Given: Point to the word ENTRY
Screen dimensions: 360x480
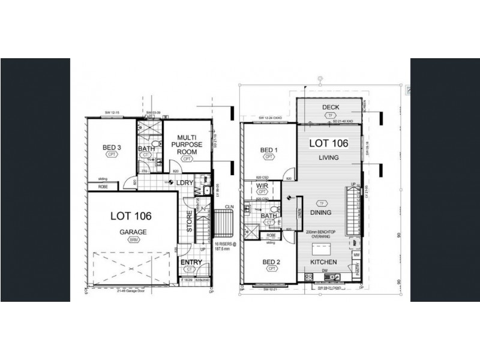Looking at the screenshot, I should [191, 262].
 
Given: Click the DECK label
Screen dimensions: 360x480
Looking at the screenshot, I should [331, 108].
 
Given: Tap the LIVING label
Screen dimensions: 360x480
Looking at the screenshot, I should [329, 158].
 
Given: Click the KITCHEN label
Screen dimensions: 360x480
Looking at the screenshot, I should [323, 262].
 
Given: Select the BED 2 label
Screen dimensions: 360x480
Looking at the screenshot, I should [271, 262].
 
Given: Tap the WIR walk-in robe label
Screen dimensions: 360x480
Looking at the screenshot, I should [261, 186].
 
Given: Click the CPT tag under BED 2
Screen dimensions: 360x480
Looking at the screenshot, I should [271, 270].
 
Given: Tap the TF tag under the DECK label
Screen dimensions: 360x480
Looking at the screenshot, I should [331, 116].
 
